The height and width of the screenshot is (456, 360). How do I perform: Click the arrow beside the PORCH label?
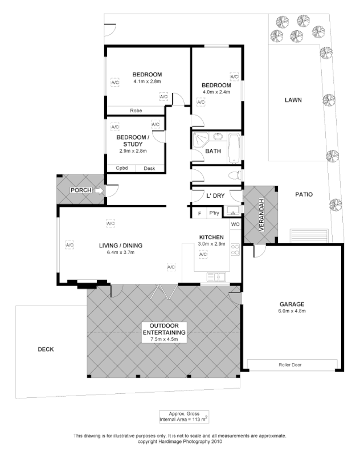(x=100, y=190)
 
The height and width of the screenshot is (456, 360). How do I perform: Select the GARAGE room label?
(x=292, y=304)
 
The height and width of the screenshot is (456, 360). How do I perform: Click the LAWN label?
(x=293, y=100)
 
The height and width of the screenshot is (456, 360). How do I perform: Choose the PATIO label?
(x=304, y=194)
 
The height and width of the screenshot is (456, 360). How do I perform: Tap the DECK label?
(x=46, y=349)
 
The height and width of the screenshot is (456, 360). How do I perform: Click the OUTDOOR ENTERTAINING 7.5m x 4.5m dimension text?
(x=164, y=340)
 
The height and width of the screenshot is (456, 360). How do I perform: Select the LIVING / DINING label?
(x=120, y=246)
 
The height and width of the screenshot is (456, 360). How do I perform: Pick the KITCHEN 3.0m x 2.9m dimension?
(x=212, y=243)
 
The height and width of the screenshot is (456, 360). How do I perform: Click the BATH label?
(x=213, y=151)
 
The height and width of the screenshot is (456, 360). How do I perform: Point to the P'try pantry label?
(x=214, y=213)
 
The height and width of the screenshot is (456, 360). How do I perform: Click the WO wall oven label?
(x=235, y=224)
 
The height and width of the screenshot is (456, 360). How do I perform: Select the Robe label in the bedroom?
(x=136, y=111)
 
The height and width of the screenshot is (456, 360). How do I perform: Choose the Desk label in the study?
(x=149, y=168)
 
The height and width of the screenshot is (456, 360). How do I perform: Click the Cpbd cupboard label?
(x=121, y=168)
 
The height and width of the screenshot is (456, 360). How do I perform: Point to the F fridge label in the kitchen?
(x=199, y=213)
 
